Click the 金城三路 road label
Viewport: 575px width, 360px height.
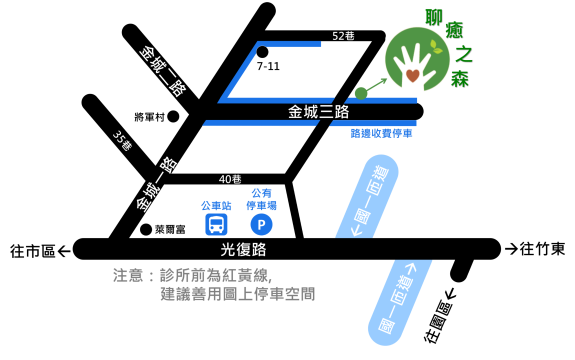pyautogui.click(x=319, y=111)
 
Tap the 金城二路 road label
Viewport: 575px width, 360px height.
pyautogui.click(x=163, y=70)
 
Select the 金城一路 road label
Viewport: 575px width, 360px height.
pyautogui.click(x=157, y=183)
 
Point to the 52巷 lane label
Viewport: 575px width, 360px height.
pyautogui.click(x=343, y=36)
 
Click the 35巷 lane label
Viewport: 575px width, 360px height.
pyautogui.click(x=122, y=140)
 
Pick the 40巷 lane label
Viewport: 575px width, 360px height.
pyautogui.click(x=230, y=179)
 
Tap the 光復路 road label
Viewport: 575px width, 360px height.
pyautogui.click(x=243, y=249)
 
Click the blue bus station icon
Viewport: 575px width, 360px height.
pyautogui.click(x=216, y=224)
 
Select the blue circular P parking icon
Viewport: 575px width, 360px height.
pyautogui.click(x=261, y=224)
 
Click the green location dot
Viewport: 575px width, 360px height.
pyautogui.click(x=361, y=93)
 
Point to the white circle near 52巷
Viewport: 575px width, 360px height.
pyautogui.click(x=262, y=52)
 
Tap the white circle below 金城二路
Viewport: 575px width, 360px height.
pyautogui.click(x=173, y=116)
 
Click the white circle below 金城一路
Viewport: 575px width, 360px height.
pyautogui.click(x=146, y=229)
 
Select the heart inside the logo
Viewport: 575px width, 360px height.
pyautogui.click(x=412, y=75)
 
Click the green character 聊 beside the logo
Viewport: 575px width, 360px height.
pyautogui.click(x=434, y=17)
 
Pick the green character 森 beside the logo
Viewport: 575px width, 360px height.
pyautogui.click(x=459, y=79)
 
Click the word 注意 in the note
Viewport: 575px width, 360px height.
pyautogui.click(x=129, y=275)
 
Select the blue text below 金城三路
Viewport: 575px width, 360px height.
pyautogui.click(x=381, y=132)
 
